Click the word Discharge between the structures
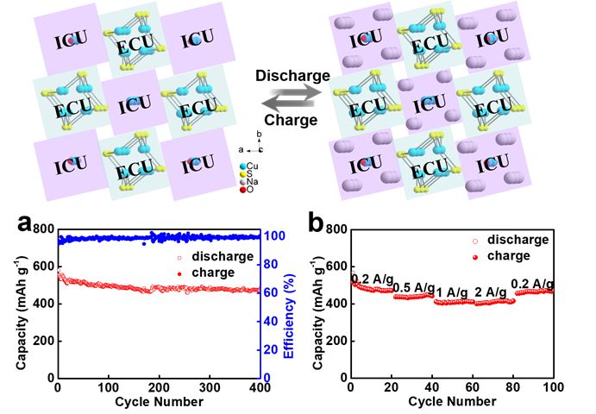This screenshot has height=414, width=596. (x=293, y=76)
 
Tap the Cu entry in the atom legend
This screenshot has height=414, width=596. (x=252, y=165)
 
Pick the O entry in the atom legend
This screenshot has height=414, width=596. (x=251, y=189)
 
